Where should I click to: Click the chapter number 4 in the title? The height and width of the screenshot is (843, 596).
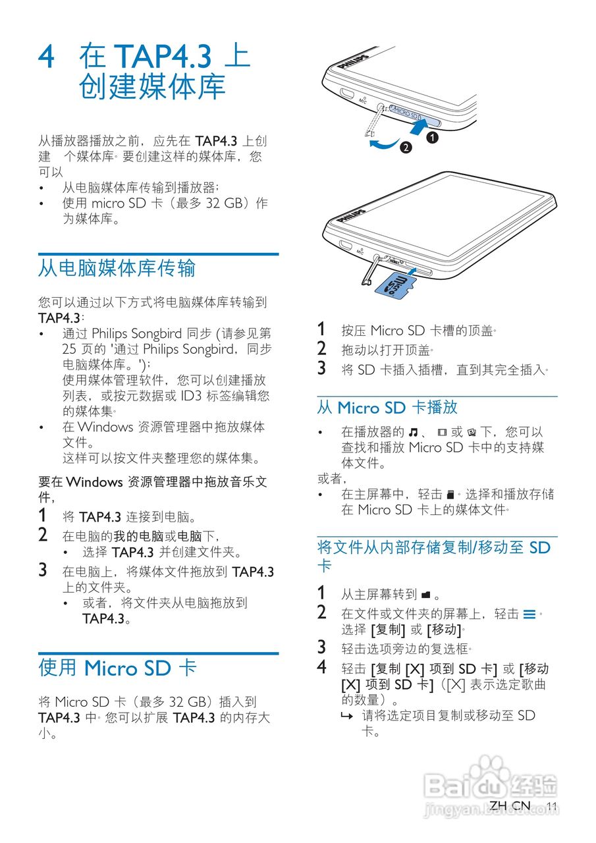[47, 57]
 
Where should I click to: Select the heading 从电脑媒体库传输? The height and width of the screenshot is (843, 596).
[117, 268]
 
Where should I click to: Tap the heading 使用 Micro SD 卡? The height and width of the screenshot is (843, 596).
[117, 668]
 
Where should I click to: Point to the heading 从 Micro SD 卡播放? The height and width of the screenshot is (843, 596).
[387, 408]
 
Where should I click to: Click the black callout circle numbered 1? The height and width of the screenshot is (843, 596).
[432, 138]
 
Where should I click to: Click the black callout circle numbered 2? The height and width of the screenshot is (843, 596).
[407, 148]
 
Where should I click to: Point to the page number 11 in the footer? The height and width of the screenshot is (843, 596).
[552, 806]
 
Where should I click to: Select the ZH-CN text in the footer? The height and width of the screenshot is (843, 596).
[510, 805]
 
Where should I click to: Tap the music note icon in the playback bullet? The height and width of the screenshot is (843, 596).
[413, 433]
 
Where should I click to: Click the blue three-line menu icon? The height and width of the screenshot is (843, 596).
[529, 614]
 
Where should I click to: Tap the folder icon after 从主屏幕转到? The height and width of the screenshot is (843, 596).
[425, 595]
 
